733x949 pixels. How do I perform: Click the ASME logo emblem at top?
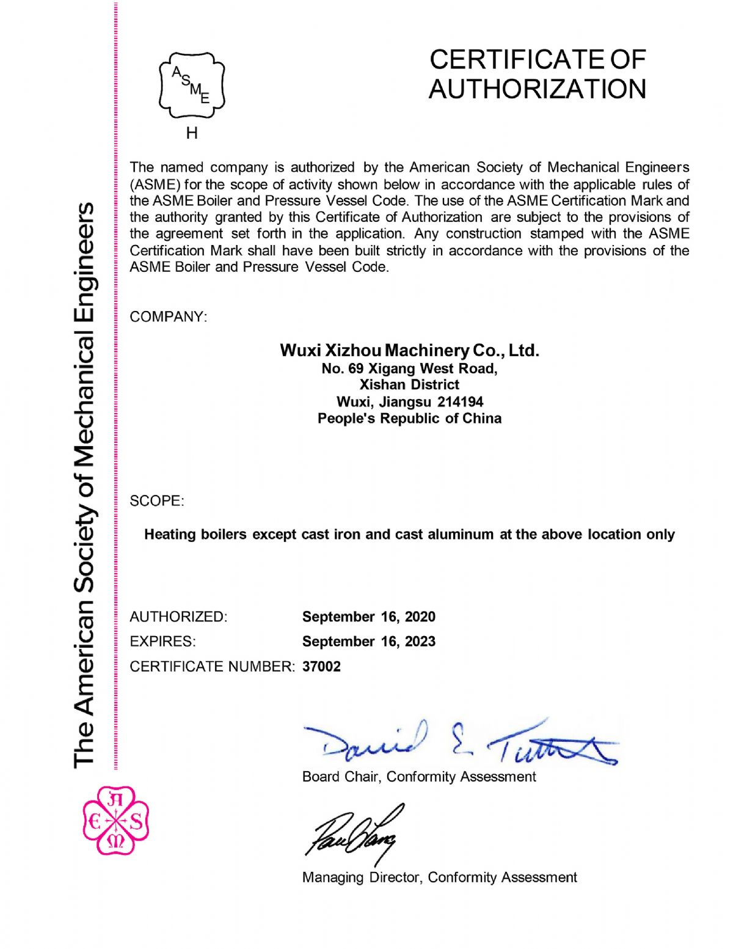(x=192, y=86)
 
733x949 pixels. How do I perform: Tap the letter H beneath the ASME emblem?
(x=192, y=133)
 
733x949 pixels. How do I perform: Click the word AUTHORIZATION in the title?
(x=537, y=89)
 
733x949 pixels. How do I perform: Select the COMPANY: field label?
(x=168, y=317)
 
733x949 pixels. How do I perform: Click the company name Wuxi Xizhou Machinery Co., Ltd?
(x=409, y=350)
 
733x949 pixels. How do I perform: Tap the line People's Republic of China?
(x=409, y=419)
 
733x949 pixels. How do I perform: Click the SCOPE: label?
(x=156, y=501)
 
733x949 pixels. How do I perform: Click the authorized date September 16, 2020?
(x=368, y=617)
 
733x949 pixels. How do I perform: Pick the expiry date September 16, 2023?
(x=368, y=642)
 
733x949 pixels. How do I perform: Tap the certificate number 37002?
(x=321, y=667)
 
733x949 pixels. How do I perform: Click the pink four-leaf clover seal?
(x=115, y=821)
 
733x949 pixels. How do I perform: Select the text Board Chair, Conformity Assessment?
(x=418, y=777)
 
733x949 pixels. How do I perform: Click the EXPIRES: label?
(x=162, y=642)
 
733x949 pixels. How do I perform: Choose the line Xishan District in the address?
(x=409, y=385)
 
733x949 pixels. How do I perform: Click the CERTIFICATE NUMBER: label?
(x=212, y=667)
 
